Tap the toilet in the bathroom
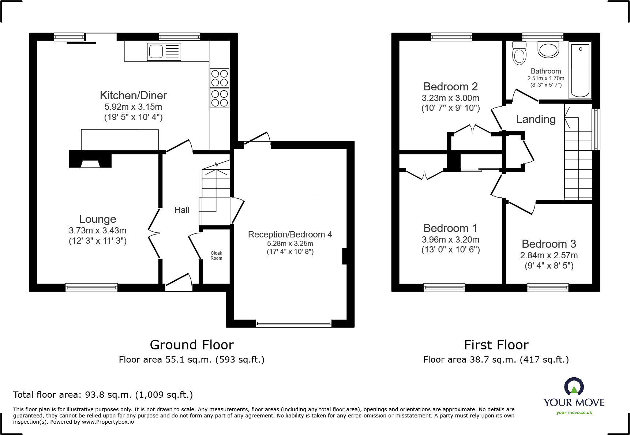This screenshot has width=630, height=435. point(519,53)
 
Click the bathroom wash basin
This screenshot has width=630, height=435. point(548,50)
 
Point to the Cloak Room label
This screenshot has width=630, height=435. point(216,256)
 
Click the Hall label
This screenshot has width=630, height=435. point(182,210)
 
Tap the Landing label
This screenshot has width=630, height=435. point(536,119)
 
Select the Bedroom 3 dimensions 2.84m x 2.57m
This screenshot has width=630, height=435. point(549,255)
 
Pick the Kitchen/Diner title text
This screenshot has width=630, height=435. point(133,95)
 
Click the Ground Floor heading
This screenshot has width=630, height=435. point(192,345)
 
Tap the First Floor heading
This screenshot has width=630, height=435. point(496,345)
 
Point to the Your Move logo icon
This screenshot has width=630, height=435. point(574,387)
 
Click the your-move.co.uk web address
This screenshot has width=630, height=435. point(574,413)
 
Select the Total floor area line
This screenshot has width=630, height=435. point(103,395)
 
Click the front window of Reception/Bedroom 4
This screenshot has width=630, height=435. point(293,324)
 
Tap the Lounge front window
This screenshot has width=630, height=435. point(91,288)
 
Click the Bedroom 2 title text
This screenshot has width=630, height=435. point(450,87)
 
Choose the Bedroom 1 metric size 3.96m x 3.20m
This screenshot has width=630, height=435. point(450,240)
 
